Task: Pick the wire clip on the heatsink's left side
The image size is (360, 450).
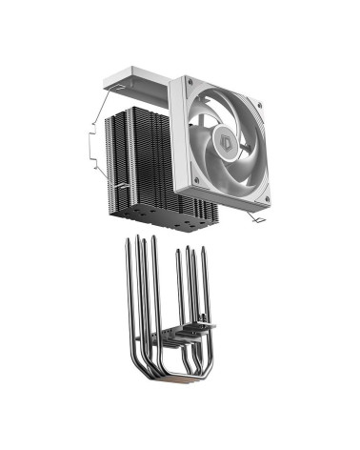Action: point(88,149)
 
